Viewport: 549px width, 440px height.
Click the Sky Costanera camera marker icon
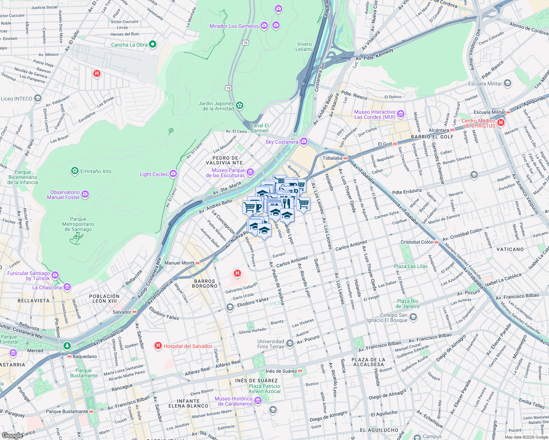click(x=303, y=142)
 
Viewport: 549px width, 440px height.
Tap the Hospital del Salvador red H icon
click(x=158, y=346)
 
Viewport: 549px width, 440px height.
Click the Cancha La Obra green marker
click(x=153, y=44)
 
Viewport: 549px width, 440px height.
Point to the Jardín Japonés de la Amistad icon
click(x=240, y=106)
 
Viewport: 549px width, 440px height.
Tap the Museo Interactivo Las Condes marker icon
click(x=400, y=114)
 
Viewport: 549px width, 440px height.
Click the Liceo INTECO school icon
click(x=37, y=98)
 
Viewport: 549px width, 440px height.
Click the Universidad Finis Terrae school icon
click(x=290, y=343)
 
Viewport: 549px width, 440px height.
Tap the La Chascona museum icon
click(x=67, y=287)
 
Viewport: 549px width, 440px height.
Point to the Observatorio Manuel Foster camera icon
click(x=85, y=194)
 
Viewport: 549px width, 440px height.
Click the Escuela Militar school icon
click(x=507, y=83)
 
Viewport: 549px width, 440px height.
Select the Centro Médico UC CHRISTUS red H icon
click(x=501, y=123)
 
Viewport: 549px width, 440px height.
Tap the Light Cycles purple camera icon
click(x=173, y=174)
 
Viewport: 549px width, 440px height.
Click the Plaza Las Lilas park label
click(x=410, y=266)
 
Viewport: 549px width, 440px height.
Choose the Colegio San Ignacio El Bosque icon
click(x=413, y=317)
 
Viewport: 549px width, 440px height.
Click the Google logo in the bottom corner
click(x=12, y=435)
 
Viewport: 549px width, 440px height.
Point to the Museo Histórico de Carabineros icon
click(x=258, y=401)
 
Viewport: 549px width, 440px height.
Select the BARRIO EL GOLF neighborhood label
click(x=432, y=137)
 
